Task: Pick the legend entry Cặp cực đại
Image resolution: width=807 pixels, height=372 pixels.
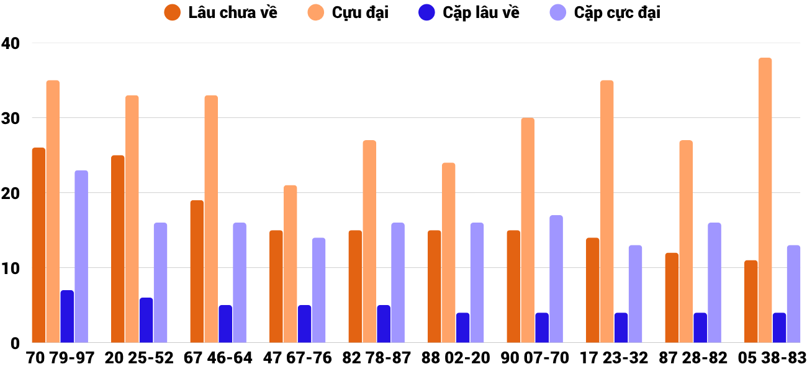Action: pyautogui.click(x=608, y=12)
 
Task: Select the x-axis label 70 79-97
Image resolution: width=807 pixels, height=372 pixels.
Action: pyautogui.click(x=60, y=358)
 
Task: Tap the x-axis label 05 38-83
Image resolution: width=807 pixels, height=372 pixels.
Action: pyautogui.click(x=772, y=358)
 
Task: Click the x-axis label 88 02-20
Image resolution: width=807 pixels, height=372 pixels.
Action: pyautogui.click(x=455, y=358)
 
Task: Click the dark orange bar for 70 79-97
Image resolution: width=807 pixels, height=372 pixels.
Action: pyautogui.click(x=38, y=245)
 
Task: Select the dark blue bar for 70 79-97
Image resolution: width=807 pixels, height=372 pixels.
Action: pyautogui.click(x=67, y=316)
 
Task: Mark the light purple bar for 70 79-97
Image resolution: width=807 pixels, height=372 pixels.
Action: pyautogui.click(x=81, y=256)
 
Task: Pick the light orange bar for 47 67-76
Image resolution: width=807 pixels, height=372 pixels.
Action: pyautogui.click(x=290, y=263)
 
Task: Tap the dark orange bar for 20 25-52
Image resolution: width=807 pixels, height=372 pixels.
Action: pyautogui.click(x=117, y=249)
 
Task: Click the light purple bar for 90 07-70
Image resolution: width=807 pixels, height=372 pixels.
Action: pyautogui.click(x=556, y=279)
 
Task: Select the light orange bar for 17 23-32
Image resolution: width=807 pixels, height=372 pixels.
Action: pyautogui.click(x=606, y=211)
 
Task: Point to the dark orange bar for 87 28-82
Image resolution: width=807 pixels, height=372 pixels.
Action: pyautogui.click(x=672, y=298)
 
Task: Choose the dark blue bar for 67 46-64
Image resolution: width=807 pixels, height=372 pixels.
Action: pyautogui.click(x=225, y=324)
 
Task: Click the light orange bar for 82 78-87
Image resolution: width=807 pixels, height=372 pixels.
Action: pyautogui.click(x=369, y=241)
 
